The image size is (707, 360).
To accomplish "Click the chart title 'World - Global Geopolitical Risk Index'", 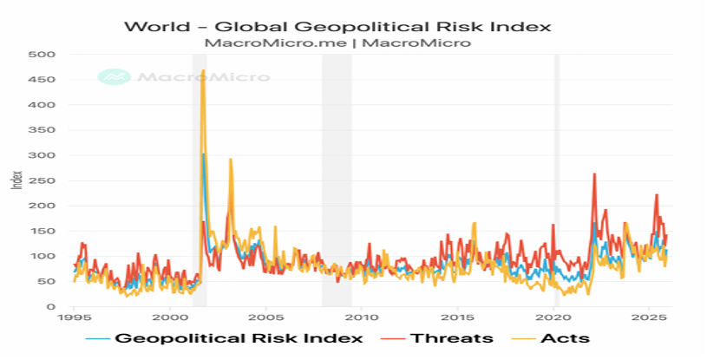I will coord(337,25).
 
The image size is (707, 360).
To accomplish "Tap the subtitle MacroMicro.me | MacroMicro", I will coord(337,43).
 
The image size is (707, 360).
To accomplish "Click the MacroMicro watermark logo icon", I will coord(112,76).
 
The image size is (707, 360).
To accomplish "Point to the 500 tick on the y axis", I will coord(43,55).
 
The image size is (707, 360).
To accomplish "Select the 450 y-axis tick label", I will coord(43,80).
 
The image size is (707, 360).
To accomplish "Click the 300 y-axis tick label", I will coord(43,155).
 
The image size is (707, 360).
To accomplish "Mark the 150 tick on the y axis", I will coord(43,232).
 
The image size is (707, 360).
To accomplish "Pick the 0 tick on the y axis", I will coord(50,307).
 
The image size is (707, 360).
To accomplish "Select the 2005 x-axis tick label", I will coord(265,319).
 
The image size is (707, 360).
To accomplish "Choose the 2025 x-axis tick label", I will coord(649,319).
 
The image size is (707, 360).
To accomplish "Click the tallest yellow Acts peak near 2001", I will coord(203,70).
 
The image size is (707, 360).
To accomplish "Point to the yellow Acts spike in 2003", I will coord(231,160).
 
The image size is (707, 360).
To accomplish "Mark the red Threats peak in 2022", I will coord(594,174).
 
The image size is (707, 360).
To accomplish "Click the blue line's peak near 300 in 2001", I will coord(203,154).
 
